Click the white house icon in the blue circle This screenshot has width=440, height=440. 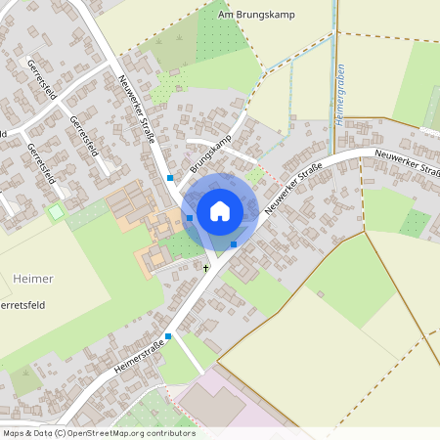click(220, 210)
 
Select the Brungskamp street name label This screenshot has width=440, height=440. click(205, 151)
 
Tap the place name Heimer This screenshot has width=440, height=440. click(33, 279)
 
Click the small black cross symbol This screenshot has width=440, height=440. click(206, 266)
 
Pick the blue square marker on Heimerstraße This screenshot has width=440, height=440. click(169, 336)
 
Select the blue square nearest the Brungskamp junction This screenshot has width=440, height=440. click(170, 178)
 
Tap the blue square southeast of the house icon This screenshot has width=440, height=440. click(234, 243)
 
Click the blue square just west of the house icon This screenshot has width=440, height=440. click(190, 217)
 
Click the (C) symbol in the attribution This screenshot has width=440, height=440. click(61, 432)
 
